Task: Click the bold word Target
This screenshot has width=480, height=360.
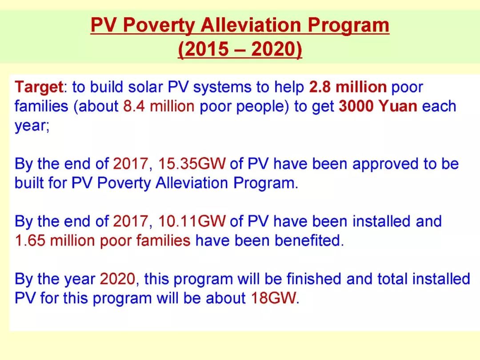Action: point(39,88)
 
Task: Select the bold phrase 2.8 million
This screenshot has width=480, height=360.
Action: point(348,87)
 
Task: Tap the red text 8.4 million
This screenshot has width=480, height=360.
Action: point(159,106)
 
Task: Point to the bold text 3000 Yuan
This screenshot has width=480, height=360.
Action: point(378,106)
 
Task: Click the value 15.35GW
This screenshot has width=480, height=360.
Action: point(192,164)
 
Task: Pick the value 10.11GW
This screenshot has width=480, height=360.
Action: point(192,221)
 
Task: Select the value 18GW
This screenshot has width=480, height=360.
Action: point(274,298)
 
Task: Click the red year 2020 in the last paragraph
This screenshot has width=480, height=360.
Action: point(117,279)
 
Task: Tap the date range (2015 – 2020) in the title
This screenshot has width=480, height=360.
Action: point(240,49)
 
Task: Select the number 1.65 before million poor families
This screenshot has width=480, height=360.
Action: point(30,240)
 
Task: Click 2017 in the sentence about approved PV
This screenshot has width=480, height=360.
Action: point(131,164)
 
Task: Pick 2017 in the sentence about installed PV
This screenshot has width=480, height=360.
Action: point(131,221)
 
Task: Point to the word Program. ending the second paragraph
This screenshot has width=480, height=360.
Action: point(265,184)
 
